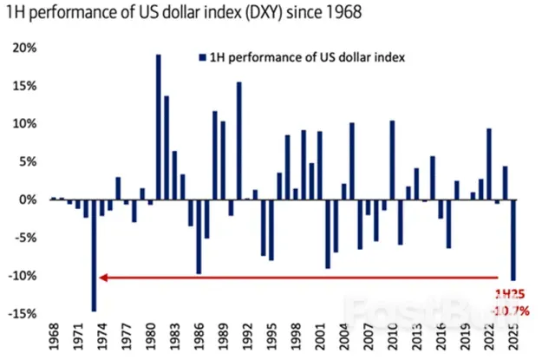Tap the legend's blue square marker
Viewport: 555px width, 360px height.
click(x=200, y=58)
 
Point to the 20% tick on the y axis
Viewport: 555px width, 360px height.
click(x=23, y=48)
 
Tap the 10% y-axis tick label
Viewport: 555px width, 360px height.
click(x=23, y=124)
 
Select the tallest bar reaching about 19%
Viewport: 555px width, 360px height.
click(x=159, y=127)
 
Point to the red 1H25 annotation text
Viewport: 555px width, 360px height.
click(x=510, y=293)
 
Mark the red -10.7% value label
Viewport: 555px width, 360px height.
click(x=511, y=310)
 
